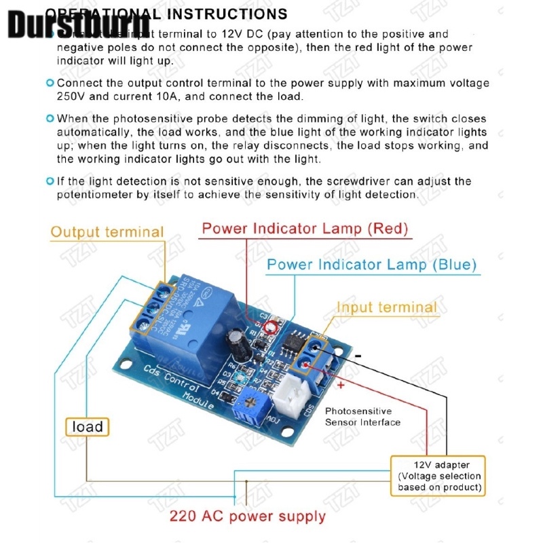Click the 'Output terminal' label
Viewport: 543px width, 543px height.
107,231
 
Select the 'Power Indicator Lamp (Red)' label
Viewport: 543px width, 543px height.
305,228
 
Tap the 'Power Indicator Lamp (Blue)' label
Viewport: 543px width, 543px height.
372,264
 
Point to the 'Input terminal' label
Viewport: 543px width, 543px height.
387,307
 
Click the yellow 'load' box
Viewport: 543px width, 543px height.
88,426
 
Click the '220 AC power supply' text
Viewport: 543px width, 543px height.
248,517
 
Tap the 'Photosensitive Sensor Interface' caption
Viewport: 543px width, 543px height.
362,417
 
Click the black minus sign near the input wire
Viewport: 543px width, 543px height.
358,356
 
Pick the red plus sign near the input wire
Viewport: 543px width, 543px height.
340,385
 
